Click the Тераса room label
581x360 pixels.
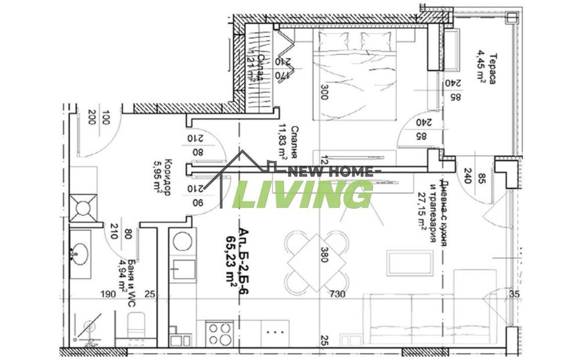(492, 69)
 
